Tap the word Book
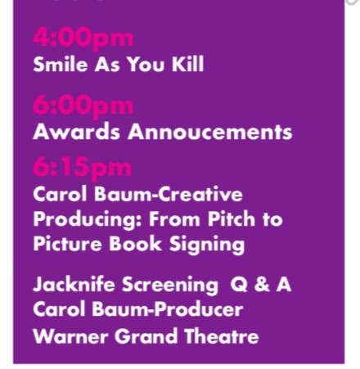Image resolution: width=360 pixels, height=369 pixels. [131, 244]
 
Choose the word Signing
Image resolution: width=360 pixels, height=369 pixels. [200, 244]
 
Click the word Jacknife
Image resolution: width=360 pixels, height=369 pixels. [74, 286]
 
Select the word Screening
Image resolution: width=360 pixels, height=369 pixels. [169, 286]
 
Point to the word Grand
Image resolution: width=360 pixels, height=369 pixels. [141, 335]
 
